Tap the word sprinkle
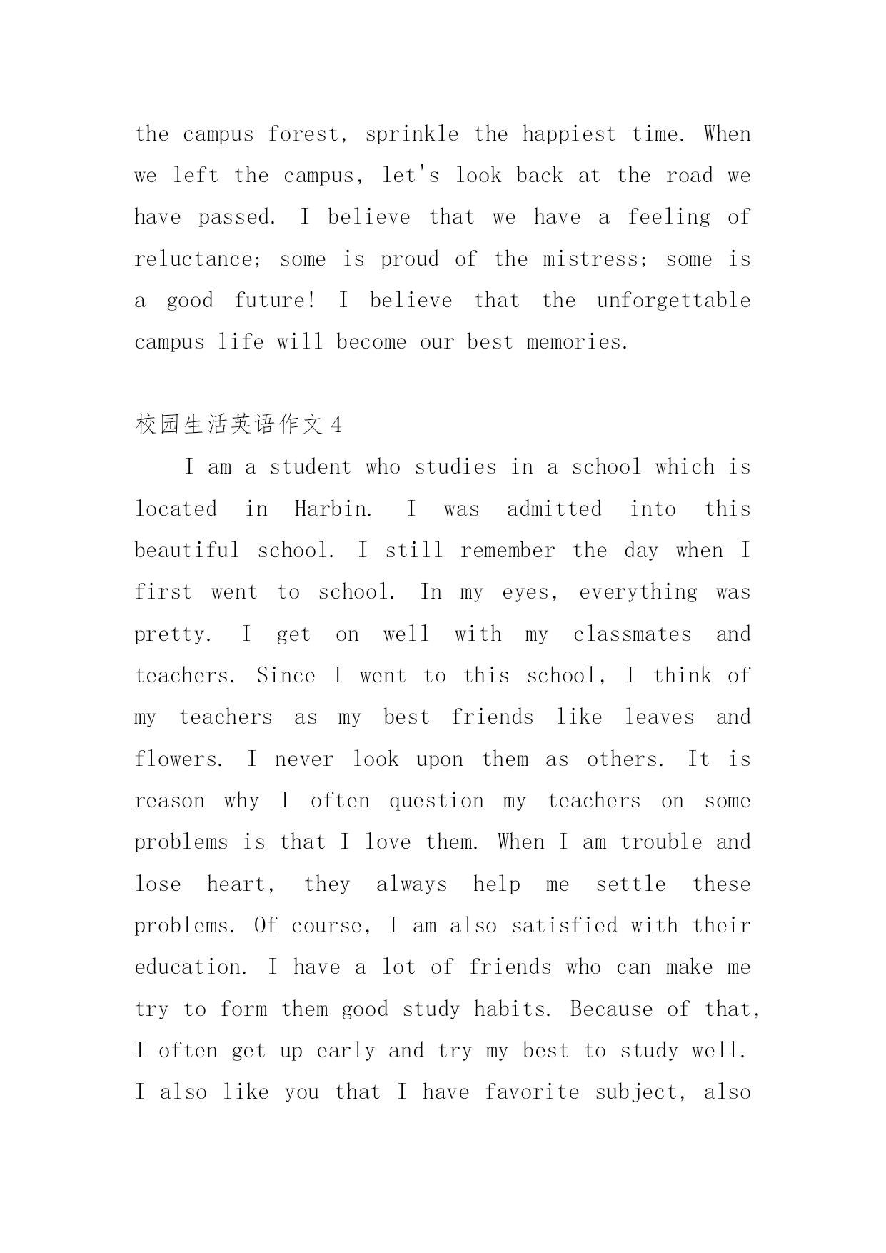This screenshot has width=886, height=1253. [412, 134]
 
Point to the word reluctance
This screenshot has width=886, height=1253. [198, 259]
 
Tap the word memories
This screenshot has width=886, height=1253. [577, 342]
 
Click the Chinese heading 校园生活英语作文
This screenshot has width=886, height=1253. [229, 426]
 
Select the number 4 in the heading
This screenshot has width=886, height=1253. [336, 426]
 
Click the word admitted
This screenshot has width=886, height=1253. [554, 509]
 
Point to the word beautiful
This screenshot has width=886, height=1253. [187, 551]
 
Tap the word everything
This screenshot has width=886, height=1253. [638, 593]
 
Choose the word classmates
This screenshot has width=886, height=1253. [632, 634]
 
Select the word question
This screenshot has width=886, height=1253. [436, 801]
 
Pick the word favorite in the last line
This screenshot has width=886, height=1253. [532, 1092]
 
